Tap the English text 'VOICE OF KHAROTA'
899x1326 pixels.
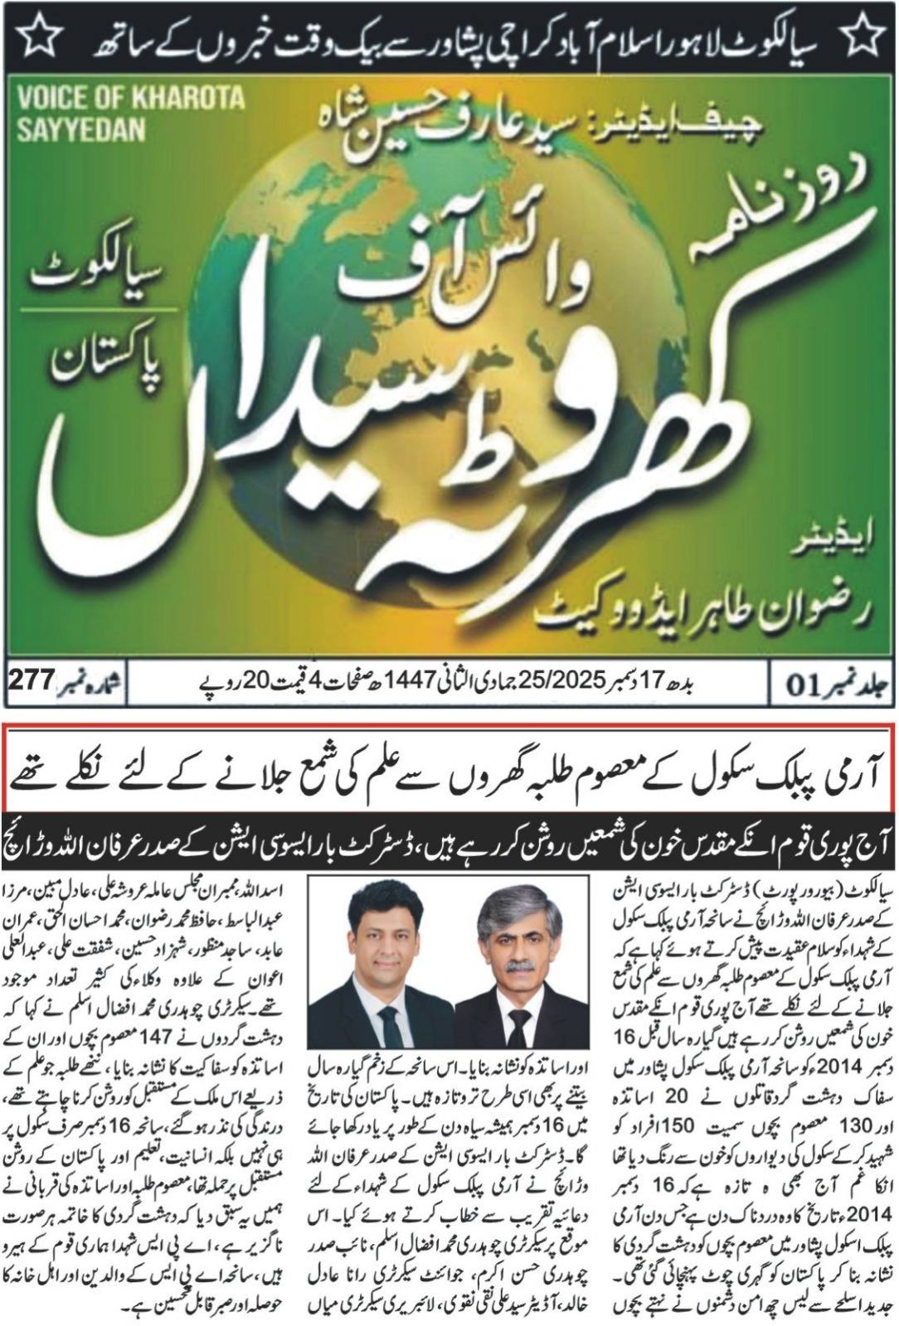coord(131,98)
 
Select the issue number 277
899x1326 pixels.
coord(31,681)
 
